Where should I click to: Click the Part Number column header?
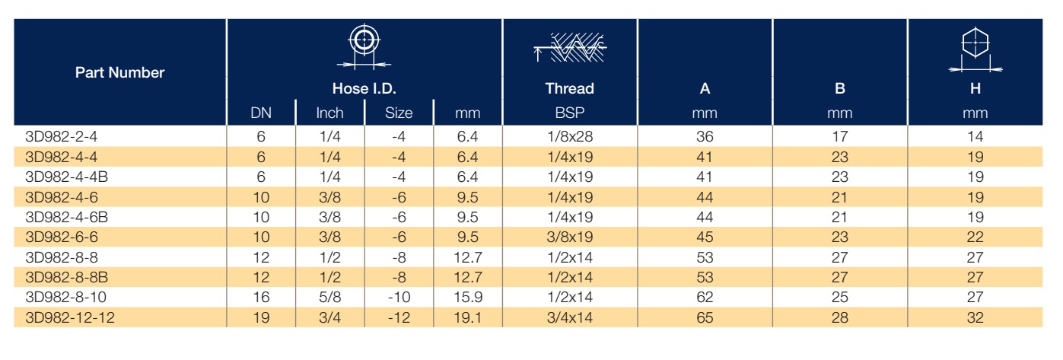click(119, 72)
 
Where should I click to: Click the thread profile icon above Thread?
click(570, 47)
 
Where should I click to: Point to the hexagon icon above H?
click(975, 50)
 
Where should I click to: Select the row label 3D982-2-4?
click(61, 137)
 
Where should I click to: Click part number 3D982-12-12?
click(70, 317)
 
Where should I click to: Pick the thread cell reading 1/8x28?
click(570, 137)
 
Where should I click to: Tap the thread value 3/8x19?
click(570, 237)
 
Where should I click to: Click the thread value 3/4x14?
click(570, 317)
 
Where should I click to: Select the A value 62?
click(705, 298)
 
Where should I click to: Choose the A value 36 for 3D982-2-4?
click(705, 137)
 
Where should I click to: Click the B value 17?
click(839, 137)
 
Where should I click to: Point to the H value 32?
click(975, 317)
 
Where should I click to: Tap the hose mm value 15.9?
click(468, 298)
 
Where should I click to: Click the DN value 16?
click(261, 298)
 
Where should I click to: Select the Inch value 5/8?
click(329, 298)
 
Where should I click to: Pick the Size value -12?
click(399, 317)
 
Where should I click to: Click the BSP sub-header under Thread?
click(570, 113)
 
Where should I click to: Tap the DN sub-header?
click(261, 113)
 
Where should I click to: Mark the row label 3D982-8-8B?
click(66, 277)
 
